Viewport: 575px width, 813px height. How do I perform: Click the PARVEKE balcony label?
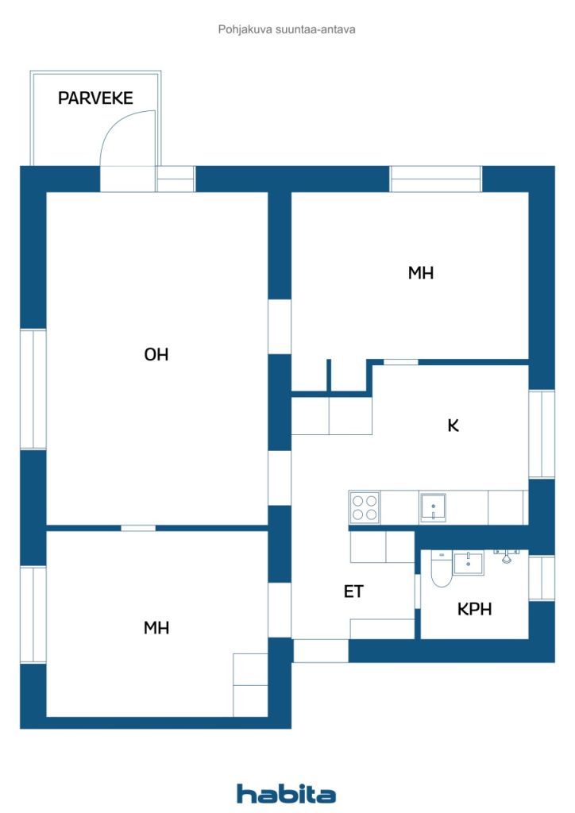(x=95, y=98)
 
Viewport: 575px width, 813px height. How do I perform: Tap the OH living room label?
(x=156, y=355)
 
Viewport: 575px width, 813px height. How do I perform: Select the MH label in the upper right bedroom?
(x=421, y=273)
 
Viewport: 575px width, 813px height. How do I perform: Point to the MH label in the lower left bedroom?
(x=156, y=628)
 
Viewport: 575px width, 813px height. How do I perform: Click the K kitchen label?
(x=453, y=426)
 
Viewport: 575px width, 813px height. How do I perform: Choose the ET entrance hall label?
(x=355, y=591)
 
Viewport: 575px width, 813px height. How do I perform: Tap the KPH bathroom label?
(x=474, y=610)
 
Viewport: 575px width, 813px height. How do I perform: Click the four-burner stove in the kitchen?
(x=365, y=507)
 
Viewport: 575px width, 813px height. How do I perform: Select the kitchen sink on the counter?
(x=433, y=507)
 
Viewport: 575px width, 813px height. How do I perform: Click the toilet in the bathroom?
(x=442, y=570)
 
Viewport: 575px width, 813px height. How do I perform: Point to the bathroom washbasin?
(x=468, y=564)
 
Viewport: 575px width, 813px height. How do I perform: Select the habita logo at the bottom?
(x=286, y=794)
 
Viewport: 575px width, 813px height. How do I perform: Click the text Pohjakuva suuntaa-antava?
(x=287, y=29)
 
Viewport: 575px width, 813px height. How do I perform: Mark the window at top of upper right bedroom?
(x=435, y=179)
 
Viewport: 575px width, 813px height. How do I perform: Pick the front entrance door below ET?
(x=321, y=651)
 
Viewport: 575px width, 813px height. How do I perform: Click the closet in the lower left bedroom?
(x=250, y=684)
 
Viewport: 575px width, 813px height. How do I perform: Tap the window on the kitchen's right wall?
(x=542, y=434)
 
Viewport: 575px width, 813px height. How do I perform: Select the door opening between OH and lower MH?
(x=138, y=528)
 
